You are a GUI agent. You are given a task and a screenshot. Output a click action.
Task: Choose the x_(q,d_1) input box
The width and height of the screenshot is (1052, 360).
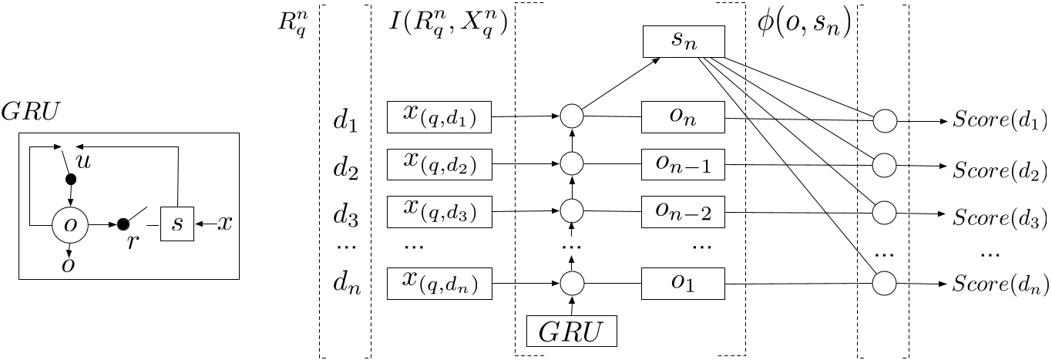pos(439,118)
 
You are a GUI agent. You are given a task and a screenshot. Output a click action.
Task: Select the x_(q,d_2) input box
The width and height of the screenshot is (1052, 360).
pos(439,164)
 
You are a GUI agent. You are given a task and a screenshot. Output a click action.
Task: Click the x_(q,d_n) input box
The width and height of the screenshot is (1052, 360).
pos(439,284)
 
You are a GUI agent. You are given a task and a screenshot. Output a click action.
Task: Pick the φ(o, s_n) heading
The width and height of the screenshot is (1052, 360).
pos(802,27)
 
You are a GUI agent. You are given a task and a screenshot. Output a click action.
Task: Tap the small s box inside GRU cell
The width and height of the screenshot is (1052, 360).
pos(177,225)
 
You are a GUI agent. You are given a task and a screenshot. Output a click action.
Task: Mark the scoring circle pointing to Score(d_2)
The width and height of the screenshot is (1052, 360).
pos(884,166)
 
